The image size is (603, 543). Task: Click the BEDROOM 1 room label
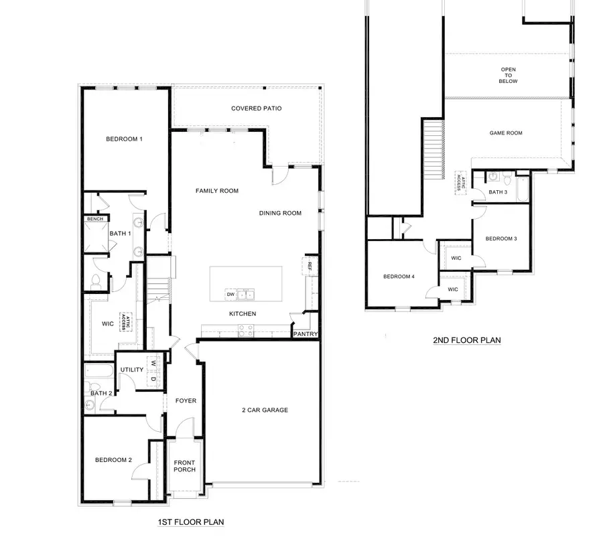pyautogui.click(x=124, y=139)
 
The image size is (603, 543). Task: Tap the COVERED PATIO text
pyautogui.click(x=256, y=108)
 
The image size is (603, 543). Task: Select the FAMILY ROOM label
pyautogui.click(x=216, y=191)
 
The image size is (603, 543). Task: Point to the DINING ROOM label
pyautogui.click(x=280, y=214)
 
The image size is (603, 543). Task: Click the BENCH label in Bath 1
pyautogui.click(x=93, y=219)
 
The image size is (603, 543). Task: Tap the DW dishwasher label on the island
pyautogui.click(x=230, y=294)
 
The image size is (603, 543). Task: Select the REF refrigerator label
pyautogui.click(x=310, y=266)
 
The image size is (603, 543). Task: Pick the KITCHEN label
pyautogui.click(x=242, y=313)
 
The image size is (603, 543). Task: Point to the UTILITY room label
pyautogui.click(x=132, y=370)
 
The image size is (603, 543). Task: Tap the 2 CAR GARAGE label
pyautogui.click(x=265, y=410)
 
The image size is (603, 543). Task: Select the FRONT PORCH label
pyautogui.click(x=184, y=466)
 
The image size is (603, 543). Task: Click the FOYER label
pyautogui.click(x=186, y=401)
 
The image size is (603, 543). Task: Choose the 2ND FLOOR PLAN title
pyautogui.click(x=467, y=340)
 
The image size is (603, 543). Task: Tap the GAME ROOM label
pyautogui.click(x=505, y=133)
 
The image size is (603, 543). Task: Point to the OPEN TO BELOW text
pyautogui.click(x=509, y=75)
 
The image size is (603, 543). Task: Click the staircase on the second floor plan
pyautogui.click(x=433, y=148)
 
